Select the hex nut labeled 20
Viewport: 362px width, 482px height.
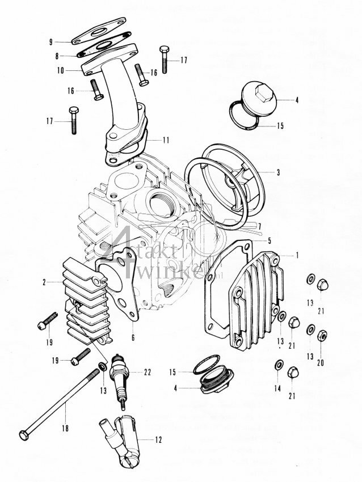click(x=321, y=335)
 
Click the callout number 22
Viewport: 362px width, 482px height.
click(x=148, y=373)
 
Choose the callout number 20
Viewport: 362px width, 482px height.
click(x=321, y=362)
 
